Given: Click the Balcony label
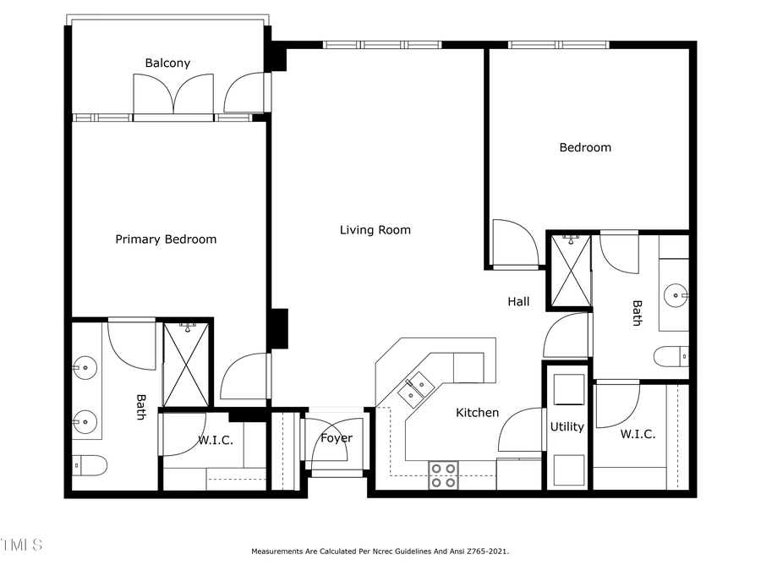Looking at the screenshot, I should (167, 63).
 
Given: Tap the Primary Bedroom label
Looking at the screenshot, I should (166, 239).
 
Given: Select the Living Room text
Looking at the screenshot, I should (375, 230).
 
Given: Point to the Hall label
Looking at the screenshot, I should (518, 301).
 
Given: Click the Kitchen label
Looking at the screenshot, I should (477, 413).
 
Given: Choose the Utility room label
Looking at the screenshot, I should (567, 426).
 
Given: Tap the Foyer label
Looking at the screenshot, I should (336, 438).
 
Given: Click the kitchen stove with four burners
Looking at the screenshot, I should (443, 475).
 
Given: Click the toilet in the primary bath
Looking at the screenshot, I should (90, 464).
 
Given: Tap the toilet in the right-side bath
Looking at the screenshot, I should (671, 356).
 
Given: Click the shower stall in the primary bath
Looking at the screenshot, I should (185, 363).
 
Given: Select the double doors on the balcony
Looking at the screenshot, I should (173, 93).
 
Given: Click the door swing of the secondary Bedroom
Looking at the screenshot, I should (514, 243).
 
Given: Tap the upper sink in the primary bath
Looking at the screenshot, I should (84, 367).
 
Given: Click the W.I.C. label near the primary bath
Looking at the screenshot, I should (216, 441).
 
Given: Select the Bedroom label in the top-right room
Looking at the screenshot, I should (584, 147).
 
